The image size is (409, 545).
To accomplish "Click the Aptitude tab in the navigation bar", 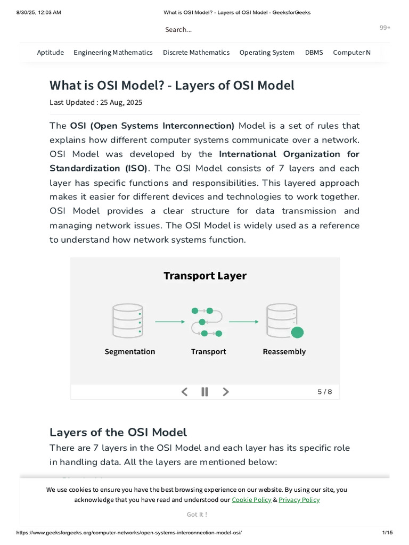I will tap(50, 52).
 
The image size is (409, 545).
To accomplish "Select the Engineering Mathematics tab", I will tap(113, 52).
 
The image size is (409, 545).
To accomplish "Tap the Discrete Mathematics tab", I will tap(196, 52).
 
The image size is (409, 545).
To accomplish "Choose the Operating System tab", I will tap(267, 52).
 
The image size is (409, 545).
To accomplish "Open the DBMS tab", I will tap(314, 52).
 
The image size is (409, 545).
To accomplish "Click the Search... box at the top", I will tap(178, 30).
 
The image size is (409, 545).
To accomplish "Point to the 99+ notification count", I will tap(385, 28).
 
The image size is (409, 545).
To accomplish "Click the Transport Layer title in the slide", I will tap(205, 276).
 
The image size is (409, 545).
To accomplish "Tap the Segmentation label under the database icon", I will tap(130, 351).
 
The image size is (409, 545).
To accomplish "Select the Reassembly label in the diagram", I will tap(284, 351).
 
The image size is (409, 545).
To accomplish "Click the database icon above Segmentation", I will tap(128, 321).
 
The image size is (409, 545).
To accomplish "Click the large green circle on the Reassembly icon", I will tap(297, 333).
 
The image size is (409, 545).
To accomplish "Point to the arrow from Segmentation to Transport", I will tap(169, 321).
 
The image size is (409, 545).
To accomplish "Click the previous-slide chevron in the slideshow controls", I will tap(185, 392).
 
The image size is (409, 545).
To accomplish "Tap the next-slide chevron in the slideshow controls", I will tap(226, 392).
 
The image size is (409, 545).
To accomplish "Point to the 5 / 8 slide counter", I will tap(324, 392).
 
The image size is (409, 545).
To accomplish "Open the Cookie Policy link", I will tap(251, 500).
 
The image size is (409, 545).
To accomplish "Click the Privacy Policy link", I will tap(299, 500).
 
